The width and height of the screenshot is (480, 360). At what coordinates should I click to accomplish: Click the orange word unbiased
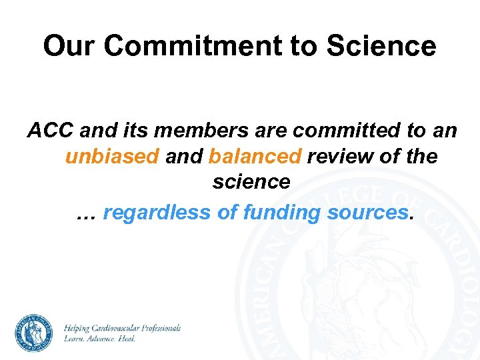click(x=112, y=156)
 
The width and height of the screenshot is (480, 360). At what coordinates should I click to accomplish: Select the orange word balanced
click(x=255, y=156)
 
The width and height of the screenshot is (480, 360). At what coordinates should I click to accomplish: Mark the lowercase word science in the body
click(x=251, y=181)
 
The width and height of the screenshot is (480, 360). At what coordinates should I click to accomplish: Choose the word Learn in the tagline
click(x=73, y=339)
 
